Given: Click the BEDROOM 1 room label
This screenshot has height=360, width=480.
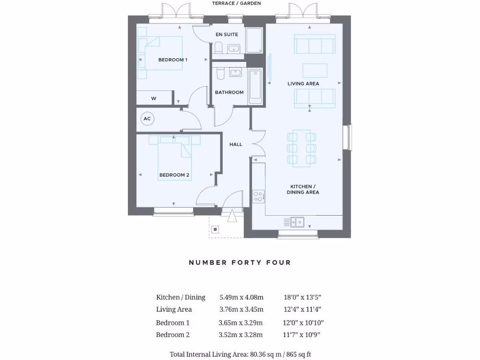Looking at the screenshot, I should (172, 60).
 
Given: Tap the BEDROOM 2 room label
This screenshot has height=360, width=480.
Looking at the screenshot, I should (174, 175).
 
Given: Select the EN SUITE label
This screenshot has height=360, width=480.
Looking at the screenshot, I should (227, 34).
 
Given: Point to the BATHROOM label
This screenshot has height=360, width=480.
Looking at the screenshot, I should (229, 92).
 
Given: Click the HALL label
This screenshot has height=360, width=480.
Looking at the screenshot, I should (236, 144).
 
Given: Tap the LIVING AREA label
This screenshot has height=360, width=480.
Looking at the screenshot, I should (303, 83).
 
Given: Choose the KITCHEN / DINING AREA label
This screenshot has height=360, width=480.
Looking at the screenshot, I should (303, 189).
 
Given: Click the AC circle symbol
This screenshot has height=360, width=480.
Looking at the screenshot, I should (147, 119).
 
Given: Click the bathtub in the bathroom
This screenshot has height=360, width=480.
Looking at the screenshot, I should (255, 86).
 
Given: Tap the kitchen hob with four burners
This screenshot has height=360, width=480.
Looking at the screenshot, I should (258, 196).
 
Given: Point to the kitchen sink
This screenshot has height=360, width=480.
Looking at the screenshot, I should (297, 222).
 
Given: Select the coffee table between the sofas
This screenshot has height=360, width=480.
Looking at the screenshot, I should (315, 70).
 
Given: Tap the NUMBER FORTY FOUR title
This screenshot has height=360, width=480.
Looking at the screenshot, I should (240, 262).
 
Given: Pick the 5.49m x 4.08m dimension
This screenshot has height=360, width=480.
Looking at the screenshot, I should (241, 297).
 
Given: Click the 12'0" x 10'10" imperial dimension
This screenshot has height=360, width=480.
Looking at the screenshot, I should (303, 322).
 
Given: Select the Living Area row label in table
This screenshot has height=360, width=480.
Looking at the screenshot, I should (174, 309).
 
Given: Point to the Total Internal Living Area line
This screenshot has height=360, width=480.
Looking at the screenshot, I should (240, 354).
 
